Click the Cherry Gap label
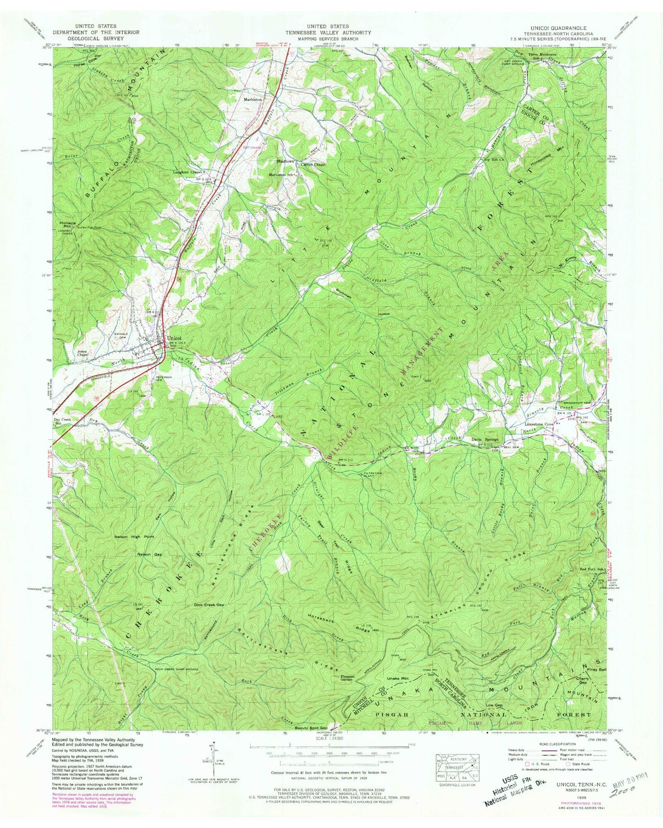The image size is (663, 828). pos(582,680)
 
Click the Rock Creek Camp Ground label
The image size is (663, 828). pos(175,669)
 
